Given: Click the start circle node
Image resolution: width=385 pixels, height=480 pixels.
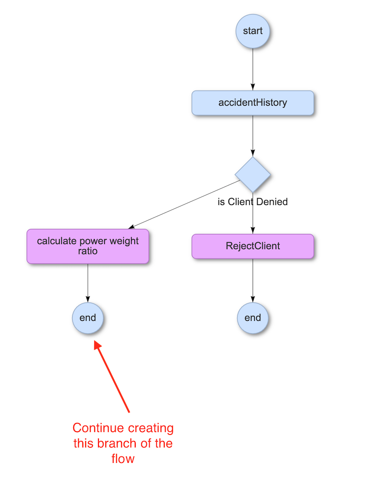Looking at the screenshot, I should click(253, 31).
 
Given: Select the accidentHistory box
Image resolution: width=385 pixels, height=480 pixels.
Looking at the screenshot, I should click(253, 103).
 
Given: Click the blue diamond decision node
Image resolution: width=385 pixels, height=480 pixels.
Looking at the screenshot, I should click(253, 175).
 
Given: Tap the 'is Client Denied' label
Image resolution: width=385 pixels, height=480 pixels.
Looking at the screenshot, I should click(253, 201).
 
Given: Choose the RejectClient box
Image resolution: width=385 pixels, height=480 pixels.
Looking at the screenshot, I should click(253, 246).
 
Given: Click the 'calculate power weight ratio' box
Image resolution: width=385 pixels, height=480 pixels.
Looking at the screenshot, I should click(88, 246).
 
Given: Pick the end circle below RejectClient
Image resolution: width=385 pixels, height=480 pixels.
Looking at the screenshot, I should click(253, 317).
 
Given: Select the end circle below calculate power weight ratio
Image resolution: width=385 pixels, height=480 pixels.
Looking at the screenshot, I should click(88, 317).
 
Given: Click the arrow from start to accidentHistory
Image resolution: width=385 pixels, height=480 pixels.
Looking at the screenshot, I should click(253, 69).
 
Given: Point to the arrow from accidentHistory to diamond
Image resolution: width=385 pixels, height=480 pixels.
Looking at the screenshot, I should click(253, 136).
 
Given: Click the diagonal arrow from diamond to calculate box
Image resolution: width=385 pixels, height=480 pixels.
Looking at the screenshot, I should click(184, 205).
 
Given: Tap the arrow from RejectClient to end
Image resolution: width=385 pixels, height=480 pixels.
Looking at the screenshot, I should click(253, 280).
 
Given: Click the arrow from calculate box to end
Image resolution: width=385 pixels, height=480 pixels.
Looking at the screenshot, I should click(88, 283).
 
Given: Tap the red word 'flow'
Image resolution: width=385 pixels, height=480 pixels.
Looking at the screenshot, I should click(123, 458).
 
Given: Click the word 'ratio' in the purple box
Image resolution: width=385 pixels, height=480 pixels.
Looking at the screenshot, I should click(88, 251).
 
